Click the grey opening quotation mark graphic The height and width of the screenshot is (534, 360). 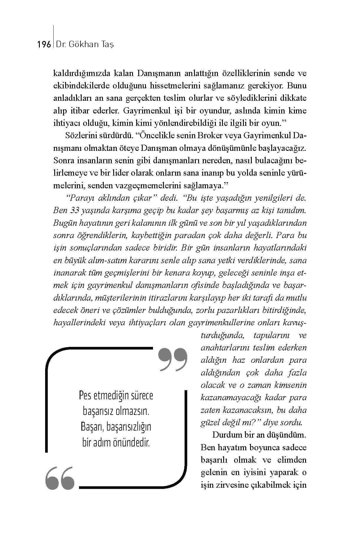(60, 478)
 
